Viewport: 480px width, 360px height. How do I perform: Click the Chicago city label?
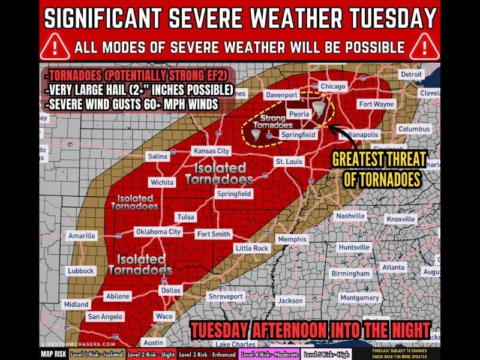coord(333,86)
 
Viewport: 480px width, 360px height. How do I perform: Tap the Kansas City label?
coord(211,151)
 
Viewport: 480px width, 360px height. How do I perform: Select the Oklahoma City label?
coord(158,232)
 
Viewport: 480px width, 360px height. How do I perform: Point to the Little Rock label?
coord(252,248)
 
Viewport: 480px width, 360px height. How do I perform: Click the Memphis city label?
coord(292,239)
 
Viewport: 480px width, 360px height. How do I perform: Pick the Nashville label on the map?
coord(350,216)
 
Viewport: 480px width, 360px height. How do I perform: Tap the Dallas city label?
coord(170,290)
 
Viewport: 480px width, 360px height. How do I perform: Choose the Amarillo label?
coord(82,236)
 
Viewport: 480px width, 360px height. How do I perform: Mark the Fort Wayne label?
coord(376,104)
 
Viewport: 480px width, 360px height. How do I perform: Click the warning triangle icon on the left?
coord(55,46)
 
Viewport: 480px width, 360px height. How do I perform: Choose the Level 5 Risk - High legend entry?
coord(327,354)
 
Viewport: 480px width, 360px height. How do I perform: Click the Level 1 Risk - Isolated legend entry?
coord(89,354)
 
